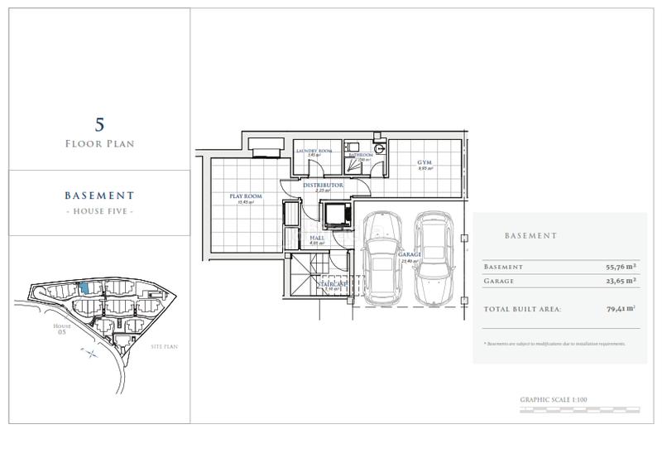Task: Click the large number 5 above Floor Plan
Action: [x=99, y=124]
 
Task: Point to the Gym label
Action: [x=425, y=162]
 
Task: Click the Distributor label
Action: [x=323, y=186]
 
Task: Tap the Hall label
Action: [x=317, y=237]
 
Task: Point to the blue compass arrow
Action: [x=90, y=351]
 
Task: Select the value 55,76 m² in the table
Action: [x=620, y=267]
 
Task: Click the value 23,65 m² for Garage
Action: [x=620, y=281]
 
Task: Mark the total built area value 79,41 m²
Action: [x=620, y=308]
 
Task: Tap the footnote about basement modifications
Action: [x=554, y=343]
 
